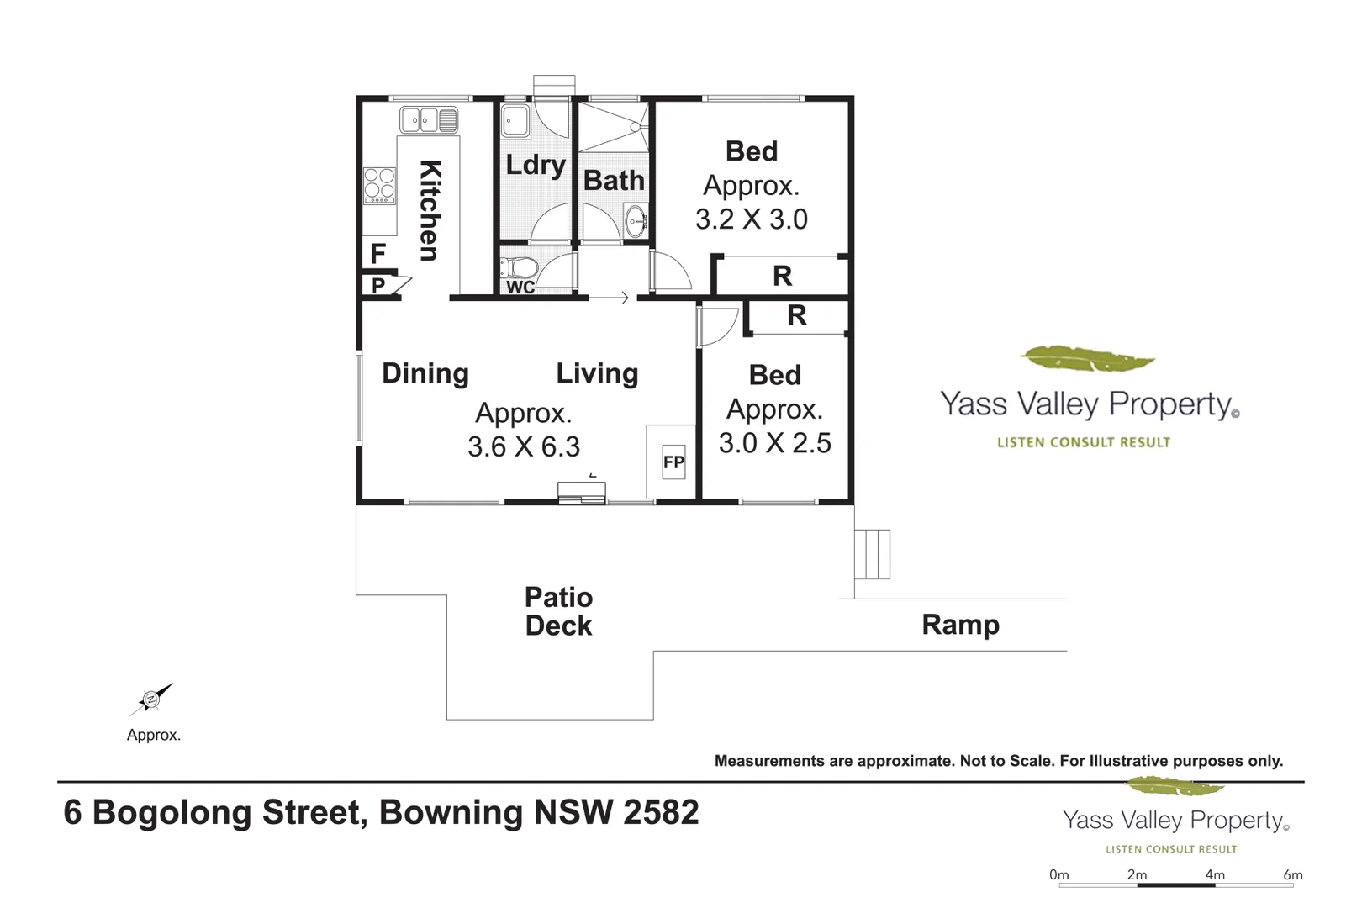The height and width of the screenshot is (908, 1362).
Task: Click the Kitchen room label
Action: (430, 210)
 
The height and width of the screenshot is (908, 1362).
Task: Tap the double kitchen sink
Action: (429, 120)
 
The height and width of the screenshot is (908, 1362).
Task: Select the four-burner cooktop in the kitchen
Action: (379, 186)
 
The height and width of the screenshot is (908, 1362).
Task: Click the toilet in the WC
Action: (519, 267)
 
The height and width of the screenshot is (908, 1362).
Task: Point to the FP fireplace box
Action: (673, 462)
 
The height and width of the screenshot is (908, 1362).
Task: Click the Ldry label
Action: (536, 166)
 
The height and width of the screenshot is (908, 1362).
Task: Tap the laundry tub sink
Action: (515, 121)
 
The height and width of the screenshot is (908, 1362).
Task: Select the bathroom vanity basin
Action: (636, 221)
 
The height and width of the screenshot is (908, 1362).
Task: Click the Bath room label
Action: (614, 181)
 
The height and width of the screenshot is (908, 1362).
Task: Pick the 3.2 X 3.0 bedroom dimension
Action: (752, 219)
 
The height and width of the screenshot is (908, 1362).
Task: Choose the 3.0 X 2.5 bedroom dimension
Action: (774, 443)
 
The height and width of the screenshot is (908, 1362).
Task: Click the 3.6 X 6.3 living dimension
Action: (524, 446)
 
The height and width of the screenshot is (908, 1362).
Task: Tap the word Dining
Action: (425, 373)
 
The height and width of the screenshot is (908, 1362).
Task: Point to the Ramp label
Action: (961, 626)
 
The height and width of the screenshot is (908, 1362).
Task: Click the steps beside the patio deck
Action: (872, 554)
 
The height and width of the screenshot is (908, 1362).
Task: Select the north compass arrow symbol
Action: (151, 699)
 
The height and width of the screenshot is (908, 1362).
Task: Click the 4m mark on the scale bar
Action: (1215, 875)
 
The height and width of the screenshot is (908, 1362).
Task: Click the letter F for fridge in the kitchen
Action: (377, 253)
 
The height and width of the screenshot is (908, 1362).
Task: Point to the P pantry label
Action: (378, 285)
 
